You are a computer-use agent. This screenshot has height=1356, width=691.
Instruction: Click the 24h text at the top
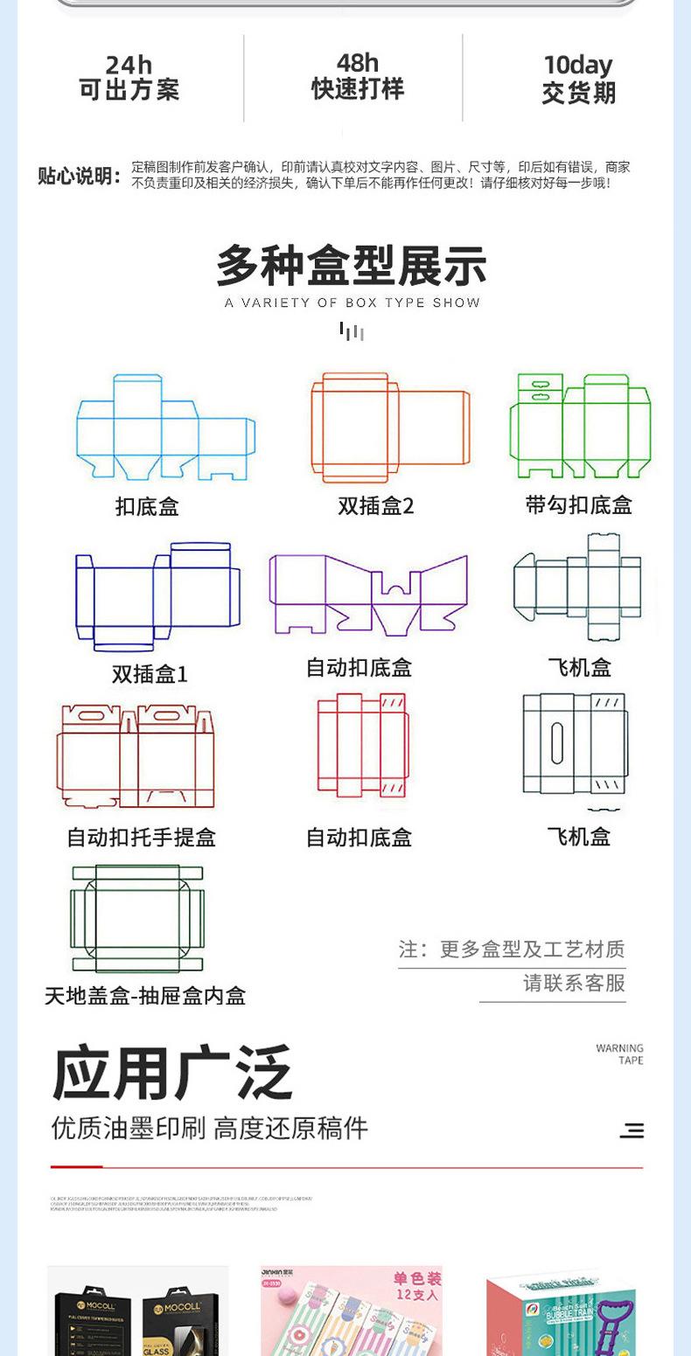(129, 66)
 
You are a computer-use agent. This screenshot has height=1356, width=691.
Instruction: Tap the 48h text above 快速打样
(358, 63)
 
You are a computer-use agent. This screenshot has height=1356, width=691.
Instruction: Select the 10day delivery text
(578, 66)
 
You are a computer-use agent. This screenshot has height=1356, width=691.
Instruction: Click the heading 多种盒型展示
(352, 267)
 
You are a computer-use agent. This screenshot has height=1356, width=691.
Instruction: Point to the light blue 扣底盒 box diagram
(165, 428)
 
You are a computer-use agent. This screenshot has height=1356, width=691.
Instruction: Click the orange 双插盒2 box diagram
(390, 428)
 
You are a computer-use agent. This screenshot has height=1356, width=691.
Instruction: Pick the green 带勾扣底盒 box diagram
(580, 426)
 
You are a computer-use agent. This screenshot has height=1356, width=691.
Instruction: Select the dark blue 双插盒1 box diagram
(157, 596)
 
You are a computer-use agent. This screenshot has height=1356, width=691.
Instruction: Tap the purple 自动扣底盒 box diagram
(367, 594)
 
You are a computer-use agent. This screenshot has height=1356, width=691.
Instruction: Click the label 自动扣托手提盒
(142, 838)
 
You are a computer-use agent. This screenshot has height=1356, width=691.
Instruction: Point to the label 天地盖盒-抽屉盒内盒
(145, 996)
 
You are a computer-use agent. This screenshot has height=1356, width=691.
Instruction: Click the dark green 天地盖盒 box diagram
(137, 918)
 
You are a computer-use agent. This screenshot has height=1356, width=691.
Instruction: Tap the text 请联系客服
(574, 983)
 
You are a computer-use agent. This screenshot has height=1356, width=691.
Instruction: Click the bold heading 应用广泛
(172, 1074)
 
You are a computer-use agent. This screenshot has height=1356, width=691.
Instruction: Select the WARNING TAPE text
(619, 1054)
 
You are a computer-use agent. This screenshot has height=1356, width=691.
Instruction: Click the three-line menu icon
(632, 1130)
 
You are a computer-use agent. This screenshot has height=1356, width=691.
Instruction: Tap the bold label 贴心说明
(79, 176)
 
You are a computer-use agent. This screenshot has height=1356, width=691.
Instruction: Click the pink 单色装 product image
(352, 1310)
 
